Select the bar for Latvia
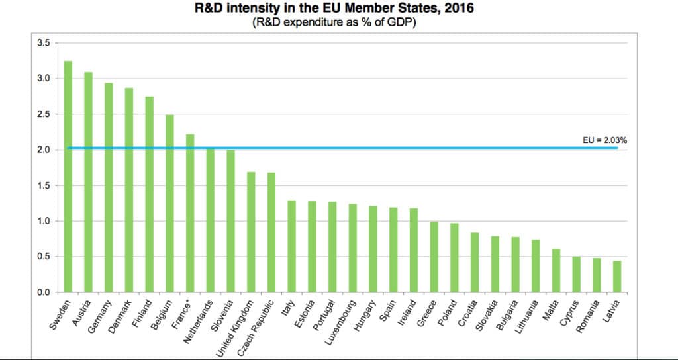(617, 277)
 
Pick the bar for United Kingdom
(251, 232)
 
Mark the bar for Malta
(556, 270)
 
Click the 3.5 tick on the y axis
(43, 43)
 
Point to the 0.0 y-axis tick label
(43, 292)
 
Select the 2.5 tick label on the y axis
(43, 114)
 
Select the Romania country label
(589, 312)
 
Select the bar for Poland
(454, 257)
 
